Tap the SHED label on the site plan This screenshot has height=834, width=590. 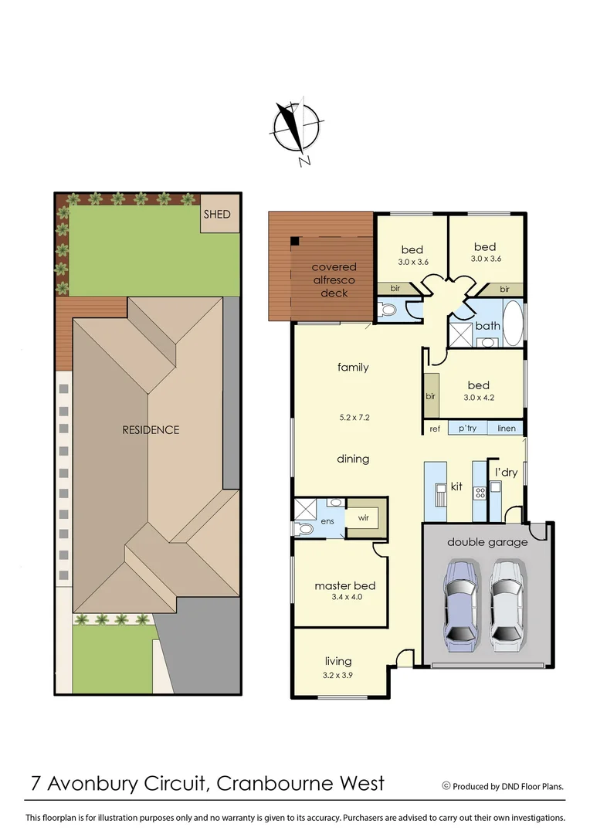tap(216, 214)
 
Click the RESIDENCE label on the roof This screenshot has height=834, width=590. tap(151, 430)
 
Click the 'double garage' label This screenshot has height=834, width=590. tap(487, 542)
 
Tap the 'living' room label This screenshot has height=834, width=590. tap(338, 661)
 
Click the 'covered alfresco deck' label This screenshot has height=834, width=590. tap(334, 280)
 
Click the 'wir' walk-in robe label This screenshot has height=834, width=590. tap(363, 519)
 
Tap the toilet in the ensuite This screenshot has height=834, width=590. tap(304, 530)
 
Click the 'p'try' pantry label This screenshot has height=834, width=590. tap(469, 429)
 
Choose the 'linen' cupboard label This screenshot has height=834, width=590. tap(507, 429)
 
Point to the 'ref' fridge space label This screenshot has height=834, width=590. tap(434, 429)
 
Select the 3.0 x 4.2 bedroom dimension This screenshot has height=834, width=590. tap(478, 398)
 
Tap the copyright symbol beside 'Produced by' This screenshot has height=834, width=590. tap(446, 786)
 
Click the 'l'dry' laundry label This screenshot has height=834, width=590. tap(506, 472)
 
